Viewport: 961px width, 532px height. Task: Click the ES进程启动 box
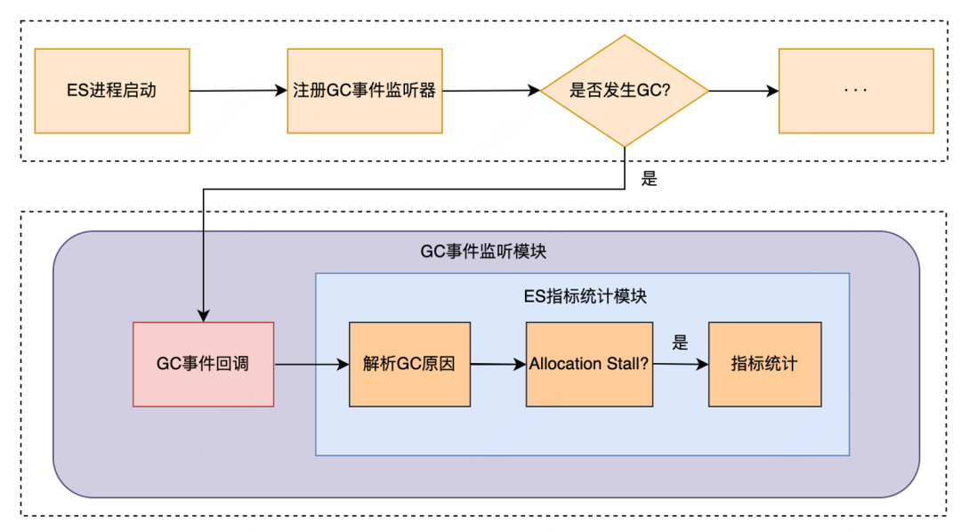click(111, 91)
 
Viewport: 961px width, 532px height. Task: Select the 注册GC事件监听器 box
click(365, 91)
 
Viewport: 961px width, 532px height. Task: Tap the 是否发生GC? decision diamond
click(625, 91)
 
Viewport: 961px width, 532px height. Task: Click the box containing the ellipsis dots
click(855, 91)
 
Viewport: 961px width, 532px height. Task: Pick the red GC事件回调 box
click(203, 364)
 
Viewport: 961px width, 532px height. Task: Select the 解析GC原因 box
click(408, 364)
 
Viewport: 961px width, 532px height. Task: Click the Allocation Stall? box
click(589, 364)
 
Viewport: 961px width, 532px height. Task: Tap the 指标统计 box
click(764, 364)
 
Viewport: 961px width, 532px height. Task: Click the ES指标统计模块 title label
click(583, 296)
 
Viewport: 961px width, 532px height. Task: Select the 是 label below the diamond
click(649, 178)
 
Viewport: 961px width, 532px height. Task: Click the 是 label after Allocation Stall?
click(681, 343)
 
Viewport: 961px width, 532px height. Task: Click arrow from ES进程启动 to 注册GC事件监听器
click(238, 91)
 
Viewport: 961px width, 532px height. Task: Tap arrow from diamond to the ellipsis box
click(743, 91)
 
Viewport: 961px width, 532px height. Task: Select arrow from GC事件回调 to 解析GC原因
click(311, 364)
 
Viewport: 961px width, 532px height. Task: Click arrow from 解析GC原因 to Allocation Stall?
click(497, 364)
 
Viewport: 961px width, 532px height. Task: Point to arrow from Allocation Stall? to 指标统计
click(681, 364)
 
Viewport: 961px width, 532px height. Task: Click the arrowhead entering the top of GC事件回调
click(204, 315)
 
